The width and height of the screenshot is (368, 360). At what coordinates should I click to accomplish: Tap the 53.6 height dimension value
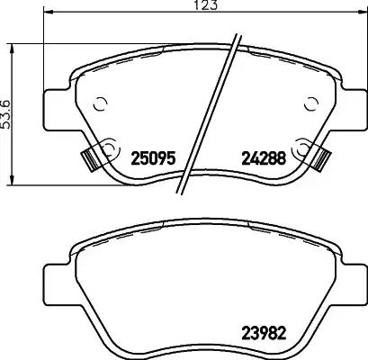(x=8, y=115)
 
